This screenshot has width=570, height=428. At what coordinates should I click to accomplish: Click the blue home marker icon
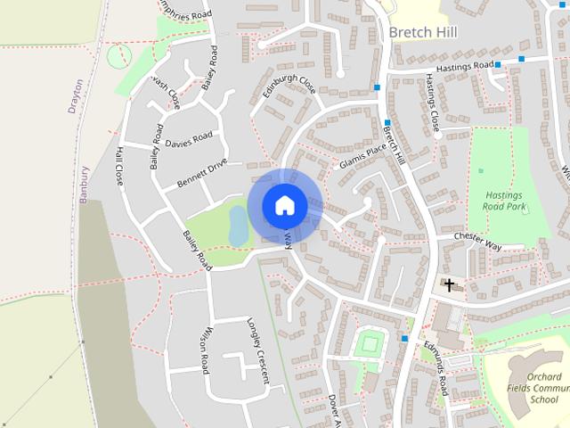pos(284,205)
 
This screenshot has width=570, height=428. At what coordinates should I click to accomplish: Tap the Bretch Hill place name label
pos(423,33)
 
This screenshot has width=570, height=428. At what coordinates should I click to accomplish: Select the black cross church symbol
pos(450,285)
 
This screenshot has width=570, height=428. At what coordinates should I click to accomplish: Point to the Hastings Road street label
pos(460,66)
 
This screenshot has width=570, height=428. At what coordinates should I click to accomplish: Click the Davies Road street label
pos(190,140)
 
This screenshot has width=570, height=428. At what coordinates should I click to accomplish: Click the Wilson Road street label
pos(205,349)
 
